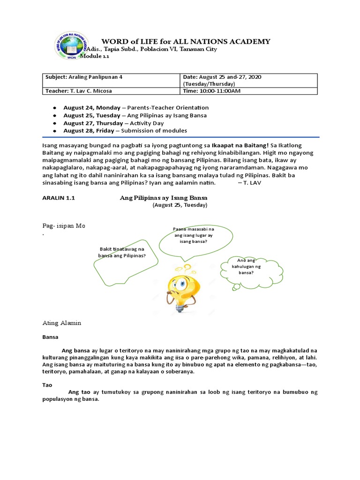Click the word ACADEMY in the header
click(249, 42)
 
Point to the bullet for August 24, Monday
click(55, 108)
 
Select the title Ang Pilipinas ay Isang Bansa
click(164, 198)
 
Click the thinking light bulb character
click(180, 287)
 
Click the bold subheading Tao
click(47, 384)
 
